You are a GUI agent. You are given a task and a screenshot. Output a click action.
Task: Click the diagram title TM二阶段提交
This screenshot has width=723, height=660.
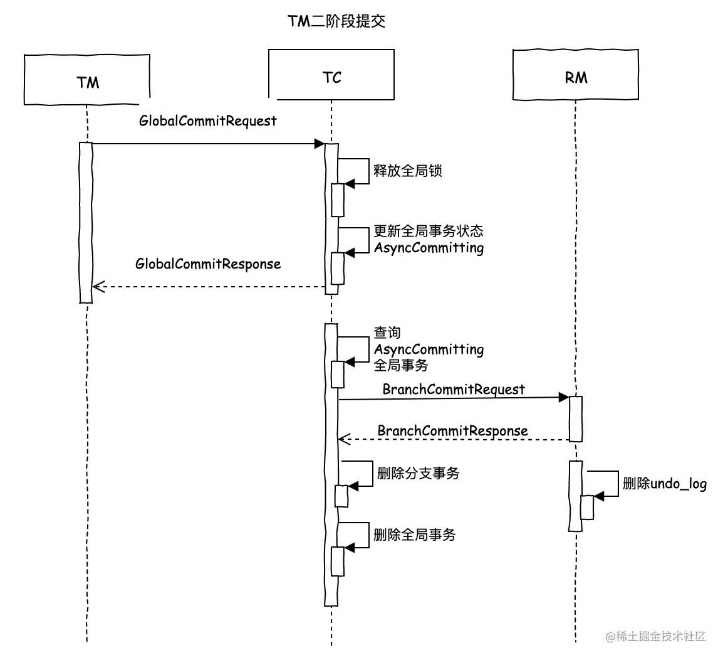[336, 22]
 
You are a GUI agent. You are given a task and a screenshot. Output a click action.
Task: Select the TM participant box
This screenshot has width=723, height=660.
[87, 80]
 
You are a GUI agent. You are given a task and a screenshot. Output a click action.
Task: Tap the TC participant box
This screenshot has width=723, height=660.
[331, 76]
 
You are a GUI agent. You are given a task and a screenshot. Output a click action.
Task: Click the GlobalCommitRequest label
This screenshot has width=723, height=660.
[207, 120]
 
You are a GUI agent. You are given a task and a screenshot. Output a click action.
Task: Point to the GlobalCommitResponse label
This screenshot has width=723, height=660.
[207, 263]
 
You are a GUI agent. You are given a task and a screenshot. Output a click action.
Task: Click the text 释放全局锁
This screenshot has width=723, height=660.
[408, 171]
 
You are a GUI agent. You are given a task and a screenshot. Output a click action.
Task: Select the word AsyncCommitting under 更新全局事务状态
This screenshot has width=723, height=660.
[429, 248]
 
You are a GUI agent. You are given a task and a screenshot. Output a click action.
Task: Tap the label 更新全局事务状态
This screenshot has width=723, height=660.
[429, 232]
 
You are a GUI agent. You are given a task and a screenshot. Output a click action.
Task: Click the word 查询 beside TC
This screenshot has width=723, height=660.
[387, 333]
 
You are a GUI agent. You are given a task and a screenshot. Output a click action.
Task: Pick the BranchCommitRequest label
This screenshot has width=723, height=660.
[454, 390]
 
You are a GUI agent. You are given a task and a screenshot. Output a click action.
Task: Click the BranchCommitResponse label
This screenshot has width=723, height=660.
[452, 431]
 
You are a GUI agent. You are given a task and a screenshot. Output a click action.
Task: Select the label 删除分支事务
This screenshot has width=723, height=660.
[418, 473]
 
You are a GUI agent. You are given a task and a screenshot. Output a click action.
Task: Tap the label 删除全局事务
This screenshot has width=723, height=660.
[414, 535]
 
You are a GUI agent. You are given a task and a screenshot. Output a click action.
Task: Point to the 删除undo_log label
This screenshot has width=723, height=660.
[665, 483]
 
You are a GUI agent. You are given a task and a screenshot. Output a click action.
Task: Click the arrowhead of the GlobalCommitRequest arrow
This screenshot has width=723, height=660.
[319, 144]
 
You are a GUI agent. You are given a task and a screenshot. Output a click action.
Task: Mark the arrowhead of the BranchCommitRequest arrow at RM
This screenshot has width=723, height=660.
[563, 397]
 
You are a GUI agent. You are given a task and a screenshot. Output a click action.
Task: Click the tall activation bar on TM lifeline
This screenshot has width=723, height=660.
[86, 223]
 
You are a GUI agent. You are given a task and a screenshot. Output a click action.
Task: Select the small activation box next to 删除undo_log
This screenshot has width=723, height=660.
[586, 507]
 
